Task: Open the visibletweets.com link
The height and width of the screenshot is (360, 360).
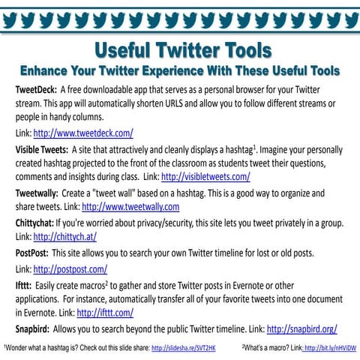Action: [x=205, y=177]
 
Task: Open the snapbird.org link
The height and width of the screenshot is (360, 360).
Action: [x=301, y=328]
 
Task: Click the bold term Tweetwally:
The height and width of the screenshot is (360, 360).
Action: [x=38, y=192]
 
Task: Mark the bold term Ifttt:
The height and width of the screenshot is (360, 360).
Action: [x=25, y=284]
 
